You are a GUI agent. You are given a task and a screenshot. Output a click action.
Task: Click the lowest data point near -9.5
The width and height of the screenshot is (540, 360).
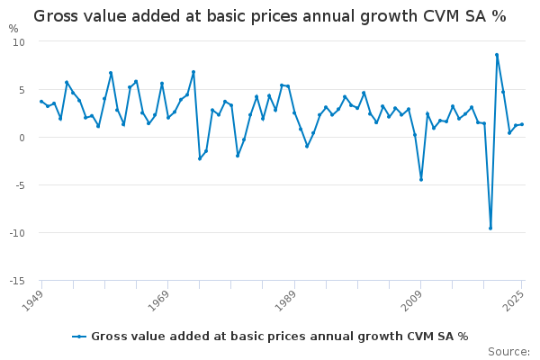[x=490, y=228]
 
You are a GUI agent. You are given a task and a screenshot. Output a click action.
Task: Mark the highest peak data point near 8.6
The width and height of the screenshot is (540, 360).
[x=497, y=55]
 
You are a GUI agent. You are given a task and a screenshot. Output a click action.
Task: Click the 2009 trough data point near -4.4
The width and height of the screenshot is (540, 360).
[x=420, y=179]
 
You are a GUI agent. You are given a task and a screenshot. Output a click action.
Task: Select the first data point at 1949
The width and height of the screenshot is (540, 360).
[x=41, y=102]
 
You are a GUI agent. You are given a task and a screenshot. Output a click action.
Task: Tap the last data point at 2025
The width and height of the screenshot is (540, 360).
[x=522, y=124]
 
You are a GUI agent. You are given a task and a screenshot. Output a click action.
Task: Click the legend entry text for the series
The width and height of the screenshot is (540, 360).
[x=279, y=337]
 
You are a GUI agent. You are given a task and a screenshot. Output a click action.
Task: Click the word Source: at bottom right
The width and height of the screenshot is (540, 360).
[x=508, y=351]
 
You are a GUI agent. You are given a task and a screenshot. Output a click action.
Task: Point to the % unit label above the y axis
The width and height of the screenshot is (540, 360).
[x=13, y=29]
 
